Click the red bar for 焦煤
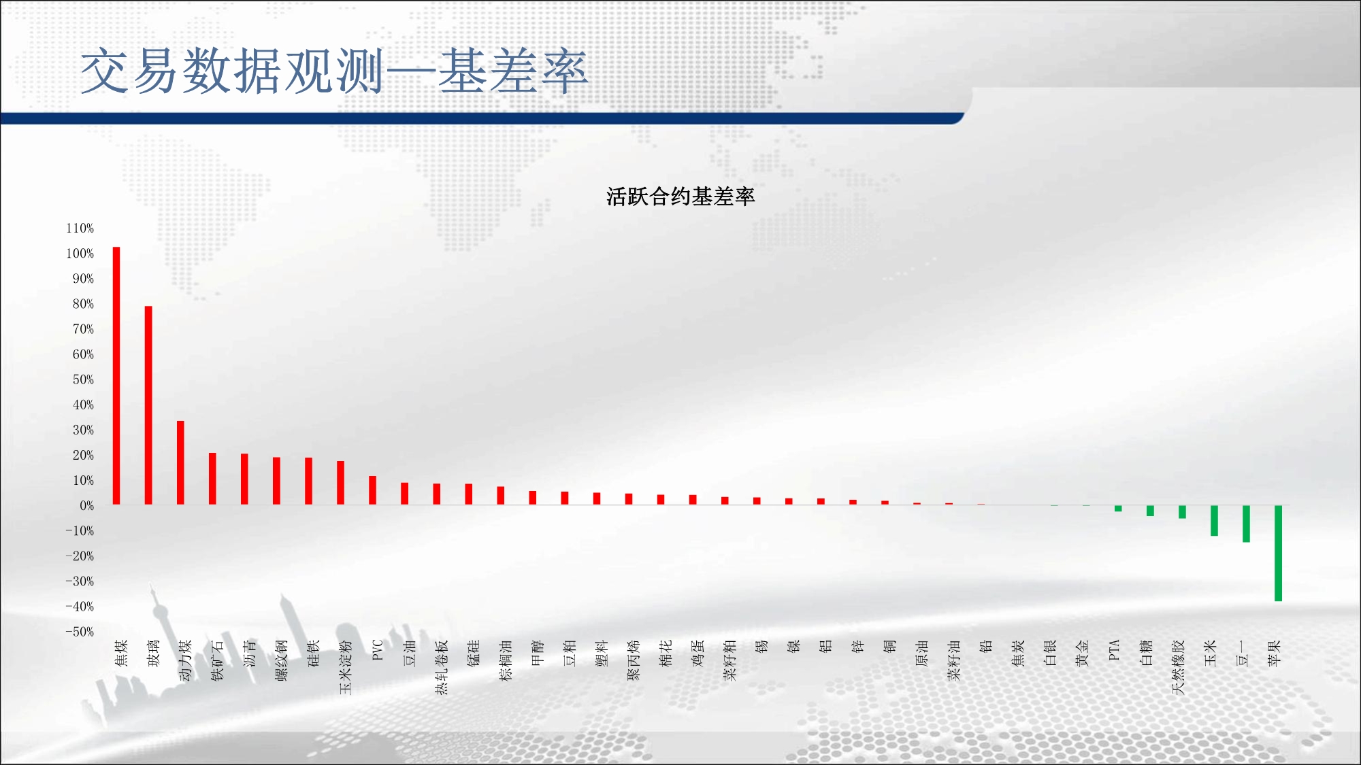pyautogui.click(x=116, y=375)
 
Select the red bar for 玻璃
pyautogui.click(x=148, y=405)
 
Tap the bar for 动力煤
pyautogui.click(x=180, y=462)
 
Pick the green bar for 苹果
pyautogui.click(x=1278, y=553)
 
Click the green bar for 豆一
pyautogui.click(x=1246, y=524)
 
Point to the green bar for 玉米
pyautogui.click(x=1214, y=520)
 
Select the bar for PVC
pyautogui.click(x=372, y=490)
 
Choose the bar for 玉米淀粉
pyautogui.click(x=340, y=483)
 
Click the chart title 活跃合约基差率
pyautogui.click(x=680, y=197)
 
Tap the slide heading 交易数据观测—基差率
pyautogui.click(x=334, y=71)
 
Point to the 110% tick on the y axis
pyautogui.click(x=80, y=228)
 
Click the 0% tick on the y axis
pyautogui.click(x=86, y=506)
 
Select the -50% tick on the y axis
pyautogui.click(x=80, y=632)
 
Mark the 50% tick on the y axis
pyautogui.click(x=83, y=379)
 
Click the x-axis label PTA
pyautogui.click(x=1114, y=650)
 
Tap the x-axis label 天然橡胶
pyautogui.click(x=1178, y=667)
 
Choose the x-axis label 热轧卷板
pyautogui.click(x=441, y=667)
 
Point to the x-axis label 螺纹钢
pyautogui.click(x=281, y=660)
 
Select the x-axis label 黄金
pyautogui.click(x=1082, y=653)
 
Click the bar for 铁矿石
pyautogui.click(x=212, y=479)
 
